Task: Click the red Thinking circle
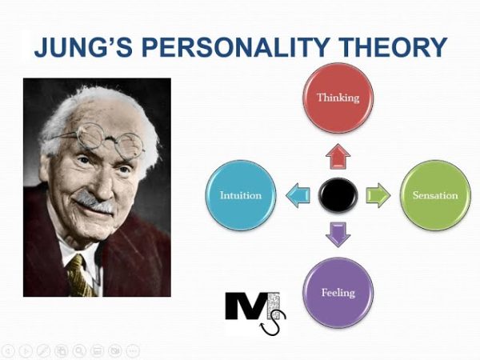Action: pos(338,98)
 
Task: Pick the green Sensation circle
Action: pos(434,194)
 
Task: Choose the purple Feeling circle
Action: pos(338,292)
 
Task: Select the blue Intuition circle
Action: pos(241,194)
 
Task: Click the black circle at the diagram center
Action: pos(338,195)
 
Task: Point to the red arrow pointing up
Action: pos(338,156)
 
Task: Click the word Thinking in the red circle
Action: pos(338,98)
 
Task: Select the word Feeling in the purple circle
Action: pos(338,293)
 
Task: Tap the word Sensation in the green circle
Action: pos(434,195)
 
